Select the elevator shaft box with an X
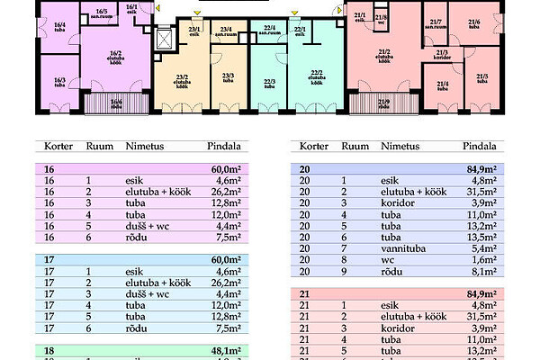pyautogui.click(x=163, y=40)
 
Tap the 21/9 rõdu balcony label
pyautogui.click(x=384, y=103)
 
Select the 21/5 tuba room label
pyautogui.click(x=482, y=79)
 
